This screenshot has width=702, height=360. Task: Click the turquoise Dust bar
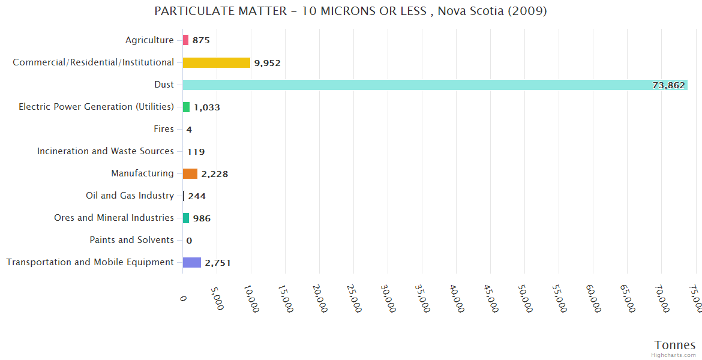click(420, 85)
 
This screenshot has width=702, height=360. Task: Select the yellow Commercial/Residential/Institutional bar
click(216, 62)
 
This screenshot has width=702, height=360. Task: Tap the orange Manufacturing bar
click(190, 173)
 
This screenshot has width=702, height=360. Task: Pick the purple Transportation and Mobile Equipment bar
click(191, 262)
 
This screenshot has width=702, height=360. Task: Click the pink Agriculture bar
click(185, 40)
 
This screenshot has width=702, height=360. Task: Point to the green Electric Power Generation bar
click(186, 107)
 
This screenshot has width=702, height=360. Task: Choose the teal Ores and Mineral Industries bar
click(186, 218)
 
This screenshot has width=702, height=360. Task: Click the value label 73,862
click(668, 85)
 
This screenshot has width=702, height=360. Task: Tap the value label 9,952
click(267, 63)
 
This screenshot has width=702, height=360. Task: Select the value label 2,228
click(214, 174)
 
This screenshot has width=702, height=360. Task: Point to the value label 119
click(196, 152)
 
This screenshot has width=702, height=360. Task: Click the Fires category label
click(164, 129)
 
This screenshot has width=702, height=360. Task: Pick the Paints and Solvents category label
click(131, 240)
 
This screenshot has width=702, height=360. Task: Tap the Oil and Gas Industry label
click(130, 196)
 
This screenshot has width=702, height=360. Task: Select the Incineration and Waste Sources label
click(105, 151)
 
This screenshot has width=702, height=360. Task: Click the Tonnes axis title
click(674, 345)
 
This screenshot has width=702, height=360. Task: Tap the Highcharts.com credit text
click(674, 355)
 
